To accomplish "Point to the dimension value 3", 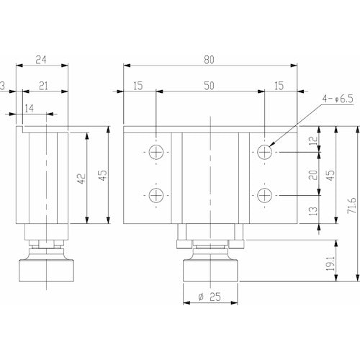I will [x=4, y=86].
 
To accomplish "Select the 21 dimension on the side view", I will [x=42, y=86].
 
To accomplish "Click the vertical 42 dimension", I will [x=82, y=177].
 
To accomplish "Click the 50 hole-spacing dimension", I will [x=209, y=86].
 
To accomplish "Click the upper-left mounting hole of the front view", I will [x=156, y=152].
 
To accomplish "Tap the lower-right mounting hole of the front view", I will [x=264, y=195].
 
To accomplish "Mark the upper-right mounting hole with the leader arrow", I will [x=264, y=152].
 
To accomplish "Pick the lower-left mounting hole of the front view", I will [x=156, y=195].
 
